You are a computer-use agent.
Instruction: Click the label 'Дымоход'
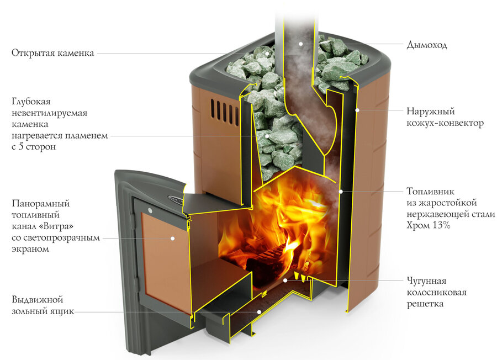[426, 45]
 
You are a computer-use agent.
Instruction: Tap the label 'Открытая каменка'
[52, 54]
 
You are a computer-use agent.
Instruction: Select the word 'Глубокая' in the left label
[31, 102]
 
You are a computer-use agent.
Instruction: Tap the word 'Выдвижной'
[37, 300]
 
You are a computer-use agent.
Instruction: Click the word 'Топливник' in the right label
[431, 192]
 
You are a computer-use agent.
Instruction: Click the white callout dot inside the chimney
[300, 43]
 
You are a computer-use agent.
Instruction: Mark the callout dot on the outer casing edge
[358, 110]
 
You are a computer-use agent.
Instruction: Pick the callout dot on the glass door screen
[172, 238]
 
